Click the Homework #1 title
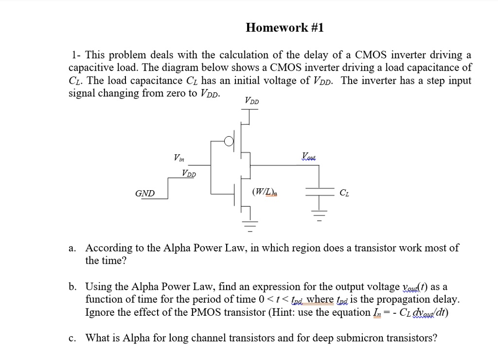(285, 28)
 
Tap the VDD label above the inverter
(252, 102)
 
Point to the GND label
(145, 194)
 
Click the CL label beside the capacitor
(344, 194)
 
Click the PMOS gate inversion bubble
(229, 142)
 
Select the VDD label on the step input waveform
(190, 173)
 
